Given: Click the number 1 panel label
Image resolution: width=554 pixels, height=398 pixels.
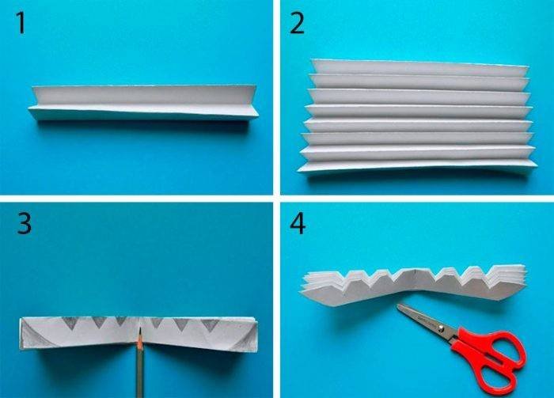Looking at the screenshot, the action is [x=21, y=23].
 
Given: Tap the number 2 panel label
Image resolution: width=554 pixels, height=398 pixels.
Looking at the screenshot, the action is [x=297, y=23].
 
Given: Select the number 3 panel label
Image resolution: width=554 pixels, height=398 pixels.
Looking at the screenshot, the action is [x=24, y=223].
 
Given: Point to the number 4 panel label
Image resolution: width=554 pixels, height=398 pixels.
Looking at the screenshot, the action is [x=298, y=223].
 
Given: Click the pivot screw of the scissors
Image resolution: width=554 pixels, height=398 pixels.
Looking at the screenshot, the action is [x=441, y=329].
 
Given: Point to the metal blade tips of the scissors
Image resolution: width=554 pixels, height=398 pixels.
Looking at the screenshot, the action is [x=399, y=306].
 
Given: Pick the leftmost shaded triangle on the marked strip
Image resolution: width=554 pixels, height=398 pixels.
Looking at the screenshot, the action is [x=70, y=323].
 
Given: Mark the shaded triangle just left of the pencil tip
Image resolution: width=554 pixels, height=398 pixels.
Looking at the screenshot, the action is [x=121, y=321].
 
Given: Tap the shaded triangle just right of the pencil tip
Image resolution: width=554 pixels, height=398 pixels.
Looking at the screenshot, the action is [x=156, y=322].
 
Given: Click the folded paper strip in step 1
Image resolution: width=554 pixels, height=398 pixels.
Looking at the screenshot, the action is [x=143, y=103].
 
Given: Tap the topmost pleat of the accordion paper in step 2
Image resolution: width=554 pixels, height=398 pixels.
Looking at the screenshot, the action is [x=419, y=68].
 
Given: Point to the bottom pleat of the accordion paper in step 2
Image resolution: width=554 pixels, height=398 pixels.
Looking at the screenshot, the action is [x=417, y=165].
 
